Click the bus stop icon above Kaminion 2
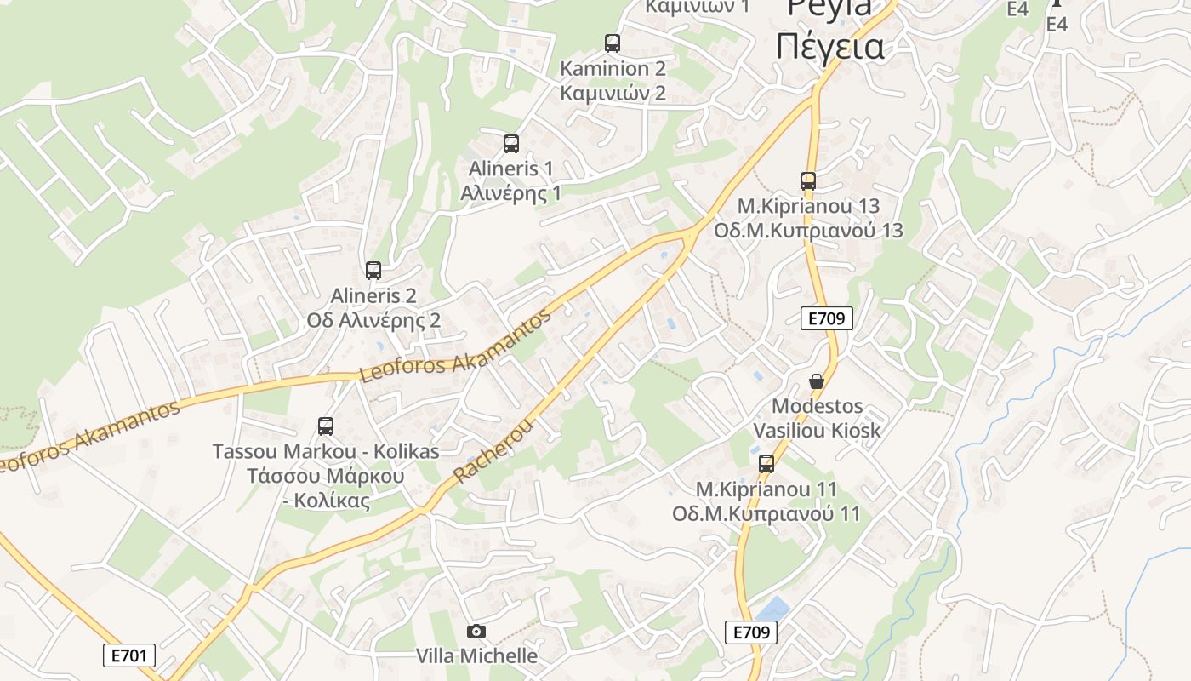pyautogui.click(x=612, y=43)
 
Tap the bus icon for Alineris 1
pyautogui.click(x=510, y=144)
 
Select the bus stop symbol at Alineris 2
pyautogui.click(x=373, y=271)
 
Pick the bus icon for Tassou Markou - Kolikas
pyautogui.click(x=325, y=426)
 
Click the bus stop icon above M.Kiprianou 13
pyautogui.click(x=807, y=181)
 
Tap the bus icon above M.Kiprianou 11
pyautogui.click(x=766, y=464)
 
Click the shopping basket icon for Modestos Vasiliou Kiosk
pyautogui.click(x=817, y=381)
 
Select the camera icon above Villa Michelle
pyautogui.click(x=476, y=631)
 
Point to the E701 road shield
pyautogui.click(x=128, y=655)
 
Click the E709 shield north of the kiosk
pyautogui.click(x=826, y=318)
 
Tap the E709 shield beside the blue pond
pyautogui.click(x=751, y=632)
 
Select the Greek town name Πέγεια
pyautogui.click(x=829, y=46)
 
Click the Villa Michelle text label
pyautogui.click(x=476, y=655)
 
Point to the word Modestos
pyautogui.click(x=817, y=406)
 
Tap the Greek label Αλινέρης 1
pyautogui.click(x=510, y=193)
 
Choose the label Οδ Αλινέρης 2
pyautogui.click(x=373, y=320)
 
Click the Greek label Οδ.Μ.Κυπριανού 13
pyautogui.click(x=807, y=231)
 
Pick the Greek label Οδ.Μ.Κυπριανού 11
pyautogui.click(x=766, y=514)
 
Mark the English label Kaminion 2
pyautogui.click(x=613, y=68)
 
